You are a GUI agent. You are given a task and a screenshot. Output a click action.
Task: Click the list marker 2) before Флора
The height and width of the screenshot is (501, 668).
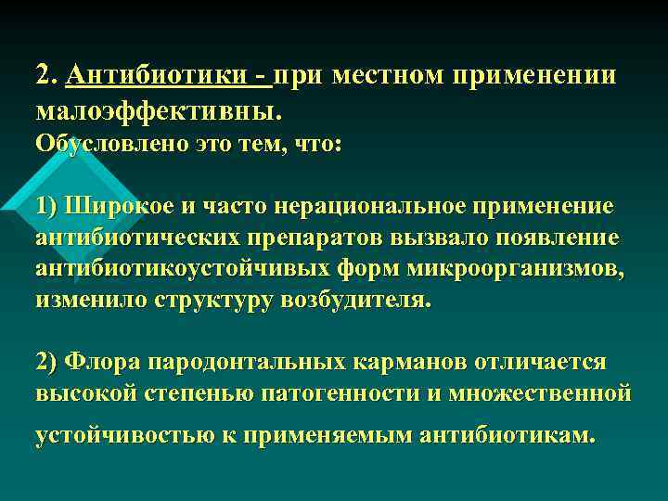click(47, 361)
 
